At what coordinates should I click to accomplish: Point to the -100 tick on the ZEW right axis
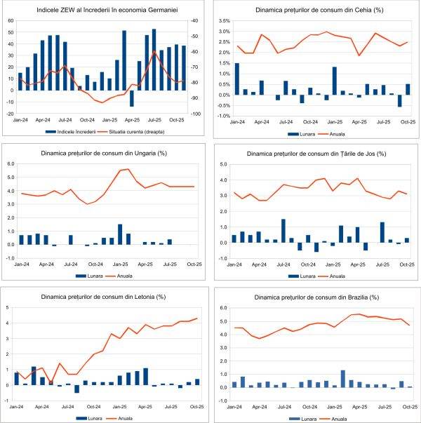(195, 114)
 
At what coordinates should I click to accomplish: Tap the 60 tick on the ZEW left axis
(11, 20)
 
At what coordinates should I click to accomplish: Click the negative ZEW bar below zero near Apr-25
(131, 98)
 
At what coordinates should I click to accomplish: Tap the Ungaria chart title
(104, 153)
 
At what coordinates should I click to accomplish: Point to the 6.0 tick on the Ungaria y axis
(10, 164)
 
